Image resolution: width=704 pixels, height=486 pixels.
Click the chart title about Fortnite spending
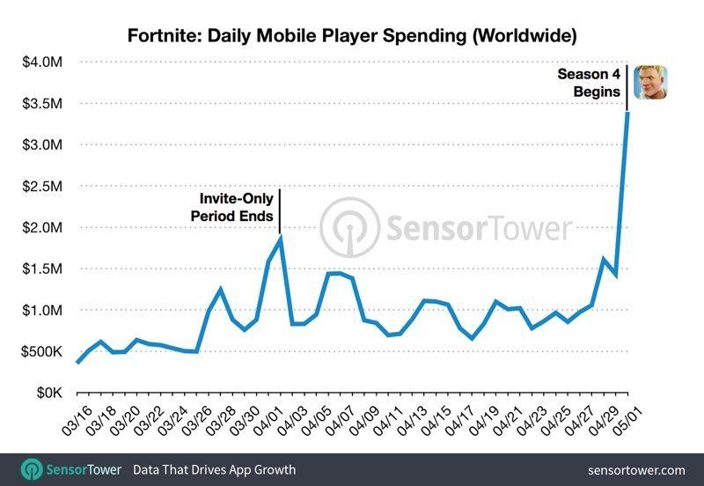point(352,36)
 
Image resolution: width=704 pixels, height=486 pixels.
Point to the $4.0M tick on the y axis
point(41,62)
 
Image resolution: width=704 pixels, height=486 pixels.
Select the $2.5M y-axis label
point(41,186)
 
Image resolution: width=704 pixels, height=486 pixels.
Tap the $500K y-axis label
point(40,351)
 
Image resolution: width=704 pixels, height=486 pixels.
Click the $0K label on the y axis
point(47,393)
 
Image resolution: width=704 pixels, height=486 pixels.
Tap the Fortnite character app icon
point(650,84)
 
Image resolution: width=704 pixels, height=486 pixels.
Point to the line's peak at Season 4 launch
point(627,112)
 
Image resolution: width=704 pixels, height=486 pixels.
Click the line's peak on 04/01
point(280,236)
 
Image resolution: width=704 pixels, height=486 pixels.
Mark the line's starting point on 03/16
point(77,362)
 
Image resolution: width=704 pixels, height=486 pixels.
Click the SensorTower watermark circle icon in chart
point(349,228)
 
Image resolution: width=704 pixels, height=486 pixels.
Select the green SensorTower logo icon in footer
point(33,470)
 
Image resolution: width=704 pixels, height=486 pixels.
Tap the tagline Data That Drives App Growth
point(214,470)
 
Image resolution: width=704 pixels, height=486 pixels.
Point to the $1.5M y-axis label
point(41,269)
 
